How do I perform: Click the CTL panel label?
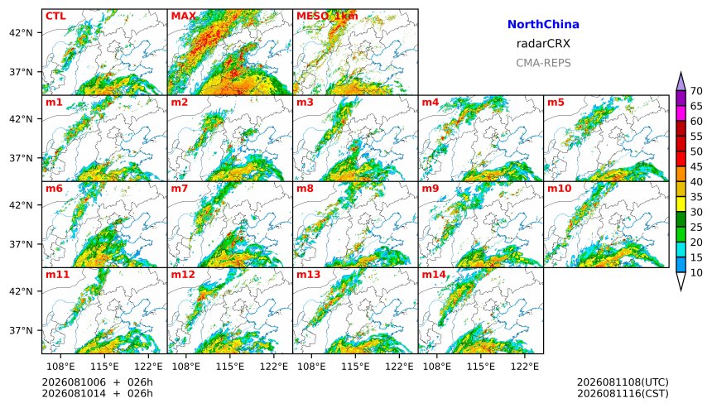[55, 17]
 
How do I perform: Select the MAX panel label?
[183, 17]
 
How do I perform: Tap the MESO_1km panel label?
[327, 17]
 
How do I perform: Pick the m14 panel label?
[434, 275]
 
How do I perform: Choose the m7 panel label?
[179, 189]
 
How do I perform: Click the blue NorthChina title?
[543, 25]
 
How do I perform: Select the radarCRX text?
[543, 44]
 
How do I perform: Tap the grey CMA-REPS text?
[543, 63]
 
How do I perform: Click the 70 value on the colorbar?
[696, 91]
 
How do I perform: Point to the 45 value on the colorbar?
[696, 166]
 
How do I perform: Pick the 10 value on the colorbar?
[696, 273]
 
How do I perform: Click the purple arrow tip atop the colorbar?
[681, 72]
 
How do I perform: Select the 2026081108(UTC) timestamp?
[623, 382]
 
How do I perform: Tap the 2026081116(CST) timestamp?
[623, 393]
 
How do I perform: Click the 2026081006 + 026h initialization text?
[97, 382]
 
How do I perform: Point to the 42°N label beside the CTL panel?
[21, 32]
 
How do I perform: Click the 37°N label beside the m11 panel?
[21, 330]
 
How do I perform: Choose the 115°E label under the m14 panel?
[481, 367]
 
